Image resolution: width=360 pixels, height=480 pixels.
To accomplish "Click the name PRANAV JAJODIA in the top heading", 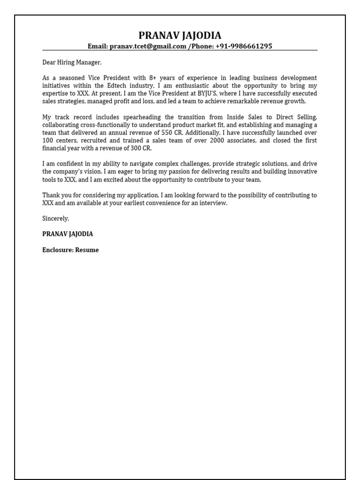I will [x=180, y=36].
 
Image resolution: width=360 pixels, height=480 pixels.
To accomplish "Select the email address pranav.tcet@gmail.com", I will [x=148, y=46].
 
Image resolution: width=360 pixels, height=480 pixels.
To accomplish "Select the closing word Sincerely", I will [x=56, y=218].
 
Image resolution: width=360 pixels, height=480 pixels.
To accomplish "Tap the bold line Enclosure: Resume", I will [x=70, y=250].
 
